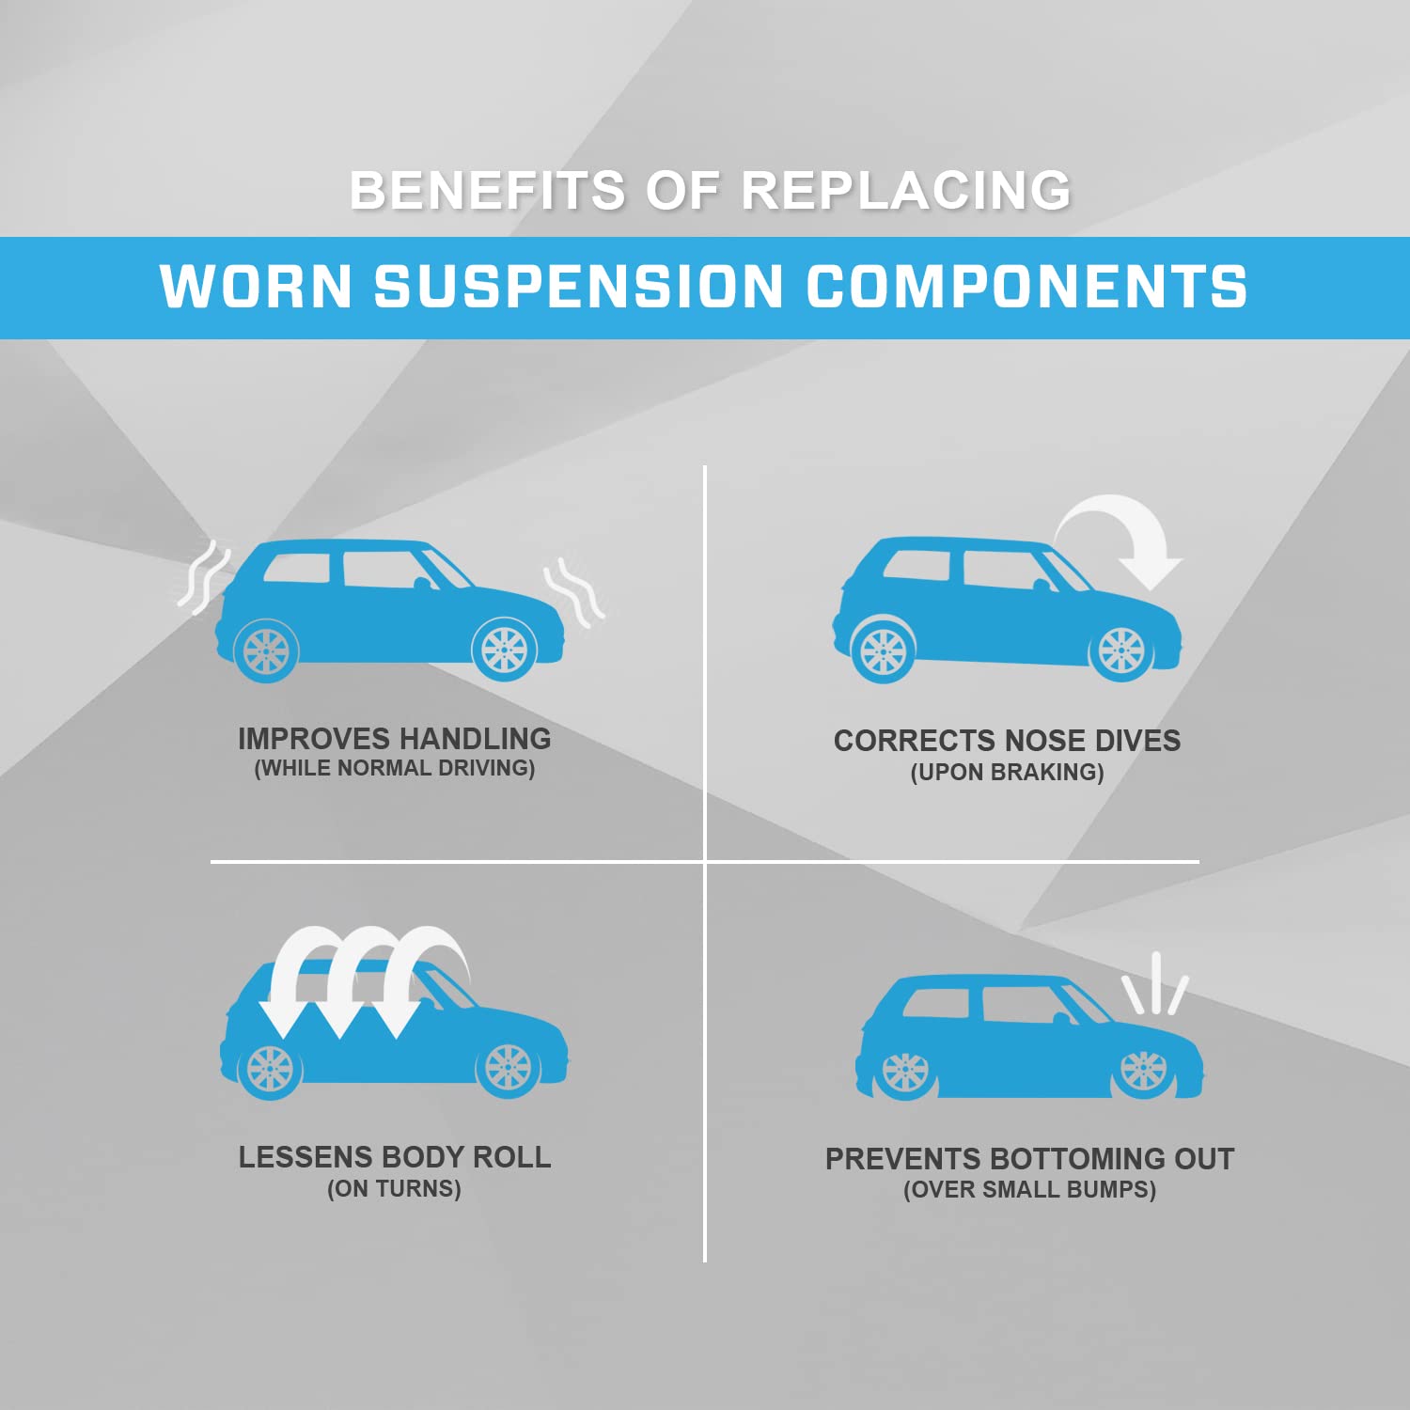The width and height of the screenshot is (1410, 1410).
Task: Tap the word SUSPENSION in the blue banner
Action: (x=578, y=287)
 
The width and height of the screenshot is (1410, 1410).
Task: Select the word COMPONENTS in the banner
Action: (x=1026, y=287)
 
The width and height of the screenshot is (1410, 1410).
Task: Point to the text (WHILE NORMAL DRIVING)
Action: (x=395, y=769)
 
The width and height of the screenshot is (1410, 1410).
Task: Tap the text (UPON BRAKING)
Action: (x=1007, y=773)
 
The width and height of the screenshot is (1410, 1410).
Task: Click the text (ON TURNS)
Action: (x=394, y=1189)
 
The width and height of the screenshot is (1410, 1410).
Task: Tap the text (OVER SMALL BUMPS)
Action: (x=1029, y=1190)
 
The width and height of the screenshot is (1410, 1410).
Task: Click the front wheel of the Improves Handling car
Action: (x=505, y=649)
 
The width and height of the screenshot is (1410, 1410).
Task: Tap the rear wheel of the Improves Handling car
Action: (x=266, y=650)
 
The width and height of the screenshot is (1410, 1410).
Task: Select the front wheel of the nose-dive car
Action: (x=1121, y=650)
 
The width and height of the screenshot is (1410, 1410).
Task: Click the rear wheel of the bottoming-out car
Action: (x=905, y=1072)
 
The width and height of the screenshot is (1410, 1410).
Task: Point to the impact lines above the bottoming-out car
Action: (x=1155, y=985)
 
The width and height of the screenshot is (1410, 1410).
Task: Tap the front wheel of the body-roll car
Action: (x=509, y=1070)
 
